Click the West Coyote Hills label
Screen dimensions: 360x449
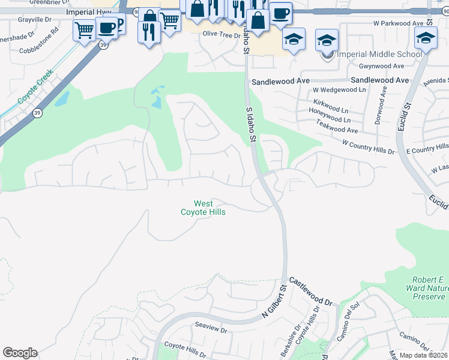coord(203,208)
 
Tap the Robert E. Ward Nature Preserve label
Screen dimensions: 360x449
coord(429,288)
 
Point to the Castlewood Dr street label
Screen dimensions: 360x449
coord(311,291)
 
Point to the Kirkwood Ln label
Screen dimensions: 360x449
coord(331,103)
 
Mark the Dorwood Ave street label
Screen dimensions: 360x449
coord(378,107)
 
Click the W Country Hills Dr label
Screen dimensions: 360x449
coord(368,148)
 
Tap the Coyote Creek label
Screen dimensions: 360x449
coord(35,86)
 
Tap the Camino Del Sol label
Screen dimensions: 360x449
coord(349,327)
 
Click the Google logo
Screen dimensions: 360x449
coord(20,353)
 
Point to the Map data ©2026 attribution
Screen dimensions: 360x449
coord(424,355)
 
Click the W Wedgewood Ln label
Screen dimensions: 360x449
coord(339,90)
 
